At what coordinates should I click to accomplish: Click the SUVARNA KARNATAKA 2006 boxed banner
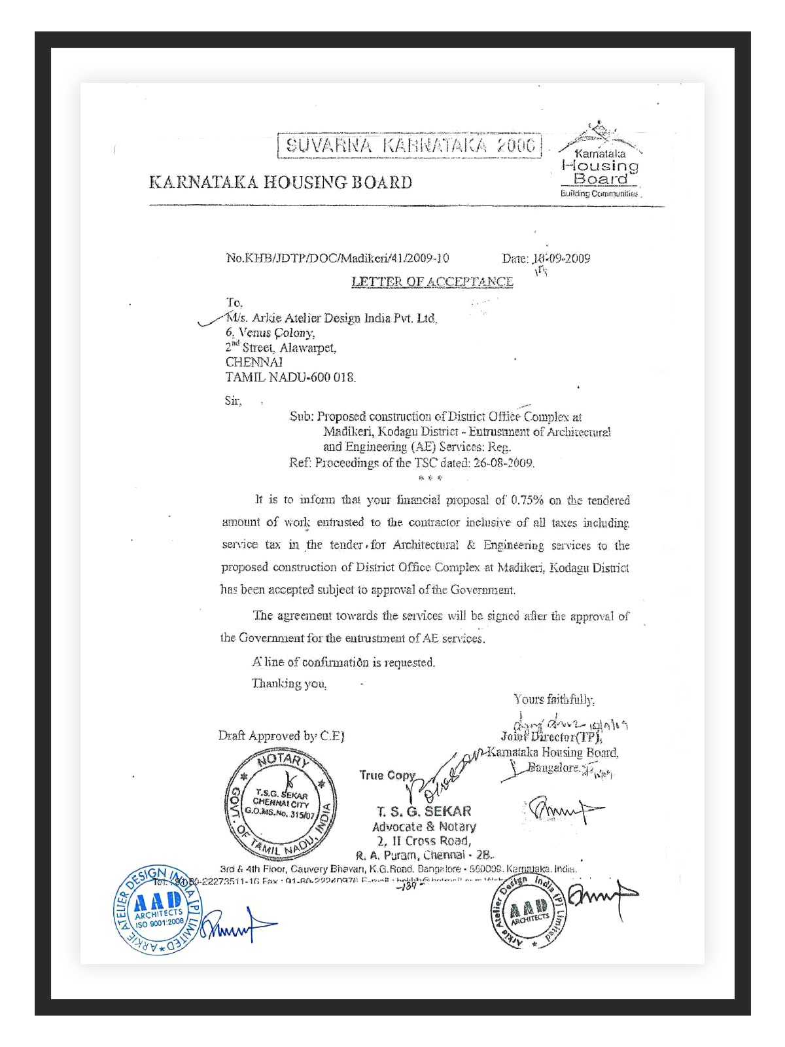(410, 145)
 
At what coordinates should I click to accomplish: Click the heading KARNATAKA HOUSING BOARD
(281, 182)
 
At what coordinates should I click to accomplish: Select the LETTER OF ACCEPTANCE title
(432, 281)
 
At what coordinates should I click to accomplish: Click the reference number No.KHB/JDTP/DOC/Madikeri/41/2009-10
(337, 258)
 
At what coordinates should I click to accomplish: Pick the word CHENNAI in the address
(254, 362)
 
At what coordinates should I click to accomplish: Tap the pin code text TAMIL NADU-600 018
(290, 377)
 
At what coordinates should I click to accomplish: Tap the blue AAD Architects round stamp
(158, 910)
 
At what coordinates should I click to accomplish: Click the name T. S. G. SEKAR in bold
(424, 811)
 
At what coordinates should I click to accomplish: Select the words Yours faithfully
(553, 700)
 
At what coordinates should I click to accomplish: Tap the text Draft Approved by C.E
(281, 736)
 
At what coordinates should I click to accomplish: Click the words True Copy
(387, 775)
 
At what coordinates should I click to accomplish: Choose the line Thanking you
(289, 683)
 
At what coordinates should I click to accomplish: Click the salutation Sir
(233, 400)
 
